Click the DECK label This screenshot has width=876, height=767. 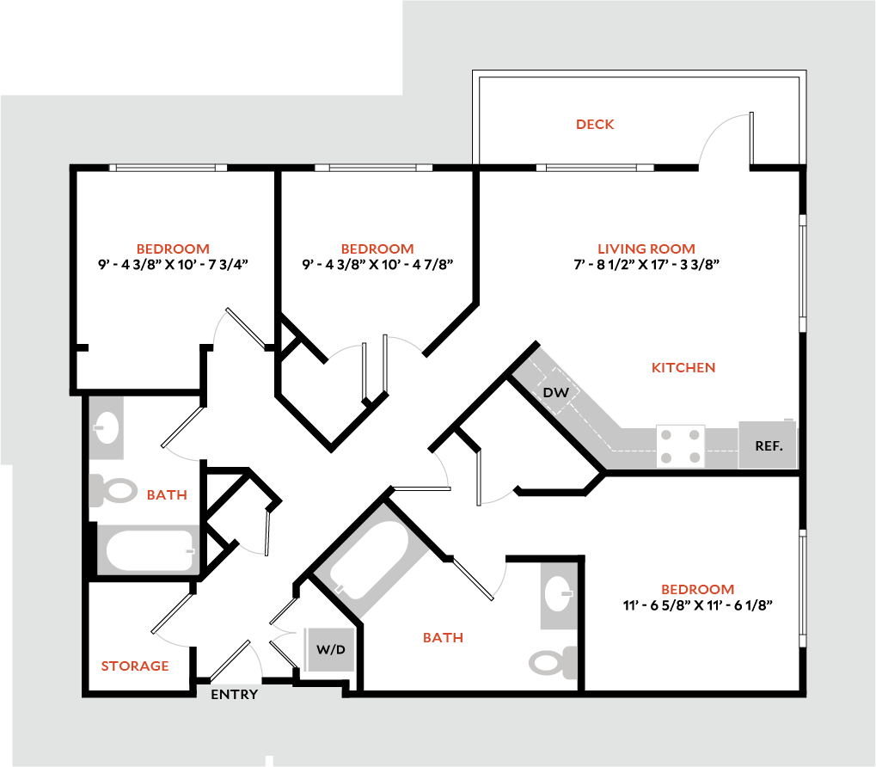point(595,125)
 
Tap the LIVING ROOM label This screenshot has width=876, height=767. point(646,249)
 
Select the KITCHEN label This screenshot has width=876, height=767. point(683,367)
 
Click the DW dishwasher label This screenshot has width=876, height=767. point(556,392)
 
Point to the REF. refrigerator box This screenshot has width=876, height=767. point(767,445)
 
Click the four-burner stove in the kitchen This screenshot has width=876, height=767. point(681,445)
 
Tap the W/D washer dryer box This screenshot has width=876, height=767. point(330,649)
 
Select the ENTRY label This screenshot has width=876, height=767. point(234,695)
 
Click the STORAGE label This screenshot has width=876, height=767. point(135,666)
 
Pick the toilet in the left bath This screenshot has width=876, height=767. point(114,491)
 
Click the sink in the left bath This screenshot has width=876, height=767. point(107,427)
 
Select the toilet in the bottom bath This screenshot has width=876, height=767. point(551,661)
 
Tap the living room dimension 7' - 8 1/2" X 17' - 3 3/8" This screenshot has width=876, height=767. point(646,265)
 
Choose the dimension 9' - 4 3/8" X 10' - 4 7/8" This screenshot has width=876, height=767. point(377,265)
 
